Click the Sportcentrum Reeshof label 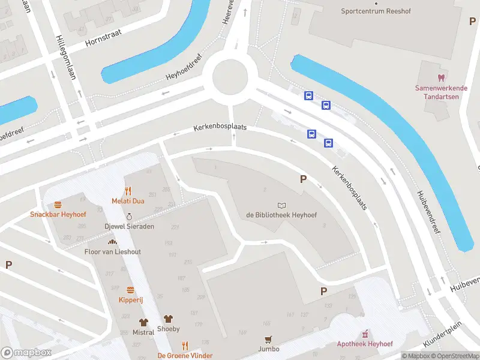pyautogui.click(x=372, y=11)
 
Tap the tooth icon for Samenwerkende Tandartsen pyautogui.click(x=441, y=78)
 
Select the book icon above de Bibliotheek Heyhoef pyautogui.click(x=281, y=205)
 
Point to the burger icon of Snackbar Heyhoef pyautogui.click(x=58, y=205)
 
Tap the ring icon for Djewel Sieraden pyautogui.click(x=129, y=217)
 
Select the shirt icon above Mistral pyautogui.click(x=143, y=322)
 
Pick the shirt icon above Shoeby pyautogui.click(x=168, y=319)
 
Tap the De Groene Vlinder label pyautogui.click(x=185, y=356)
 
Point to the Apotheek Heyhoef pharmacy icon pyautogui.click(x=364, y=334)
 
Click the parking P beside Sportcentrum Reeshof pyautogui.click(x=472, y=21)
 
